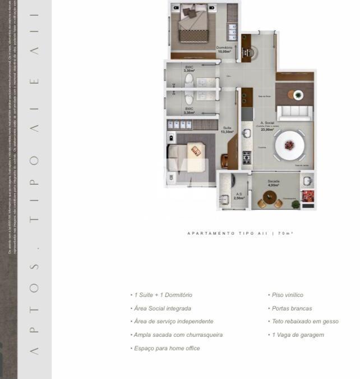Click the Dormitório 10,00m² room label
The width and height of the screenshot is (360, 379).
point(224,49)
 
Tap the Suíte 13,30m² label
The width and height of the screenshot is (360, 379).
point(227,130)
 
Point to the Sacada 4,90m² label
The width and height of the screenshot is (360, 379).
point(274,183)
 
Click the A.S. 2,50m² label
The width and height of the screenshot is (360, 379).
point(239,196)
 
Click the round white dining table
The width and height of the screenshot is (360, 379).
point(289,145)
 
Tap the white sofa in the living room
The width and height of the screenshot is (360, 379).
point(294,113)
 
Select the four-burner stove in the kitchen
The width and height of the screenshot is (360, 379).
point(247,158)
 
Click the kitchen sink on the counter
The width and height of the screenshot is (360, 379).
point(247,133)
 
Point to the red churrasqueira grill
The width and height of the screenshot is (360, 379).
point(308,195)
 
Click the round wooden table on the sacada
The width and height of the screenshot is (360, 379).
point(270,197)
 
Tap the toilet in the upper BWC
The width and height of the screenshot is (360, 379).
point(189,83)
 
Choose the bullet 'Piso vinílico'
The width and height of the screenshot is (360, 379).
point(287,295)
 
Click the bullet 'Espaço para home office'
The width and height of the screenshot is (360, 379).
point(165,348)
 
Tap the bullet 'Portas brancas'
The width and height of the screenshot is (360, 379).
point(291,308)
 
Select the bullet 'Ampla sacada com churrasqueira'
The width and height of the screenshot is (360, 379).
point(176,335)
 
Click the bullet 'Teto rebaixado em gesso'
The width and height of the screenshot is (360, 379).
point(304,321)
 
